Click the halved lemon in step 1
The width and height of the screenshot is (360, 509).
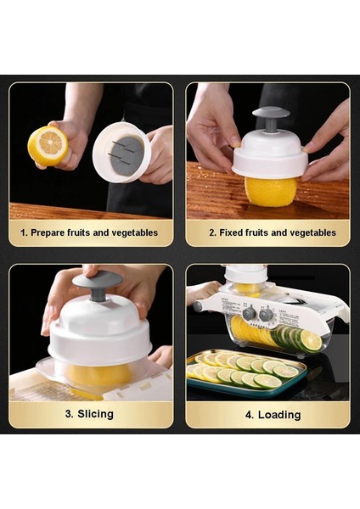48,145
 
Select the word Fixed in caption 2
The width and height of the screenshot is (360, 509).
232,232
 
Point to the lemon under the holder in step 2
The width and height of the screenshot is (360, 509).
270,190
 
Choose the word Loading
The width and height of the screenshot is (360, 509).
280,414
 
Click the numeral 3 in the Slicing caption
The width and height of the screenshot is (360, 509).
69,414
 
